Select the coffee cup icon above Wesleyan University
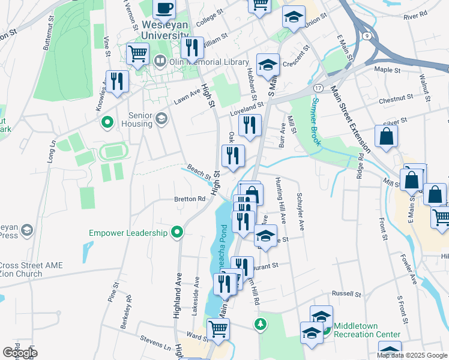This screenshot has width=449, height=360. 164,8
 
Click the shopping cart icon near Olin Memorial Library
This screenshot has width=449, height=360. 138,54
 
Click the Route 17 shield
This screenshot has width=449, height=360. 316,87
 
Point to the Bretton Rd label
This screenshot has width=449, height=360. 190,199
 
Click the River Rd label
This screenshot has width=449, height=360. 415,13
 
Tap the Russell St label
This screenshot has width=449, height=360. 347,295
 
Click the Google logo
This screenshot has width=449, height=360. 19,353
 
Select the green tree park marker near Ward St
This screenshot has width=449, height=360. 260,325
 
